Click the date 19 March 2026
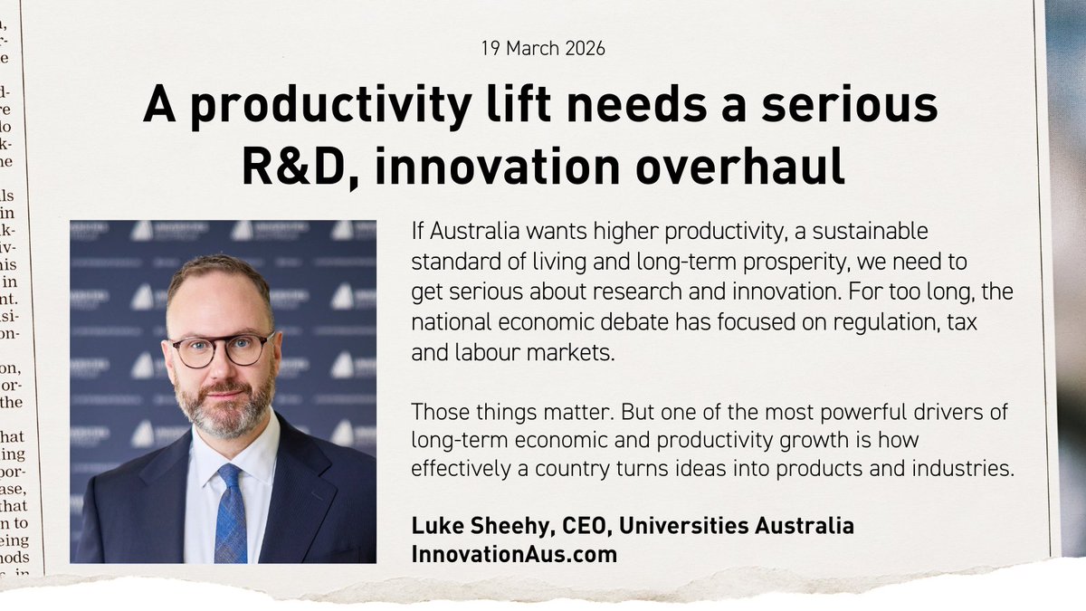click(542, 48)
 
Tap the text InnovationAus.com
click(514, 554)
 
